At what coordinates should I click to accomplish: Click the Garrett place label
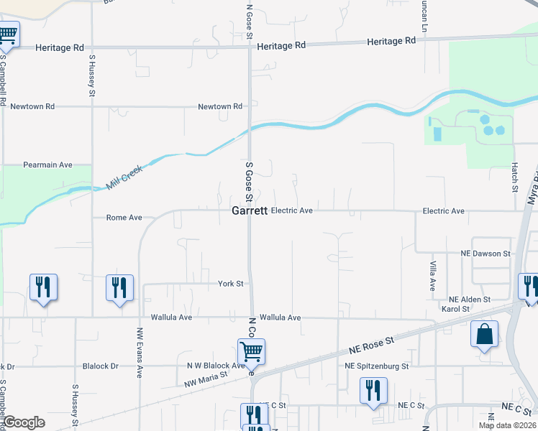250,211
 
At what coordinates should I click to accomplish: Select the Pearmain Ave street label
47,164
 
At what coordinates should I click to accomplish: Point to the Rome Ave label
124,217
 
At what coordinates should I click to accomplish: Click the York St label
231,284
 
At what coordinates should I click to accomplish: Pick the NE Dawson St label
485,254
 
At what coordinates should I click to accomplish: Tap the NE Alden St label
469,299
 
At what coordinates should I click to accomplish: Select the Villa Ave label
433,276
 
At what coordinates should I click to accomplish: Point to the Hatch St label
515,176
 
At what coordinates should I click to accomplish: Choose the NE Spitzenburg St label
376,366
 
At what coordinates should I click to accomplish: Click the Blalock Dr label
100,366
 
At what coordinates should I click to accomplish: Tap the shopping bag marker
485,335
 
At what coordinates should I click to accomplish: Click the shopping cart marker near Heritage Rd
7,34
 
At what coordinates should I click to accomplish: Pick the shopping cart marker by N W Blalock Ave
251,352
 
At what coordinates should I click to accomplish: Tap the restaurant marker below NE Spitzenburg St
373,391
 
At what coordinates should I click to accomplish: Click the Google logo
24,422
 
